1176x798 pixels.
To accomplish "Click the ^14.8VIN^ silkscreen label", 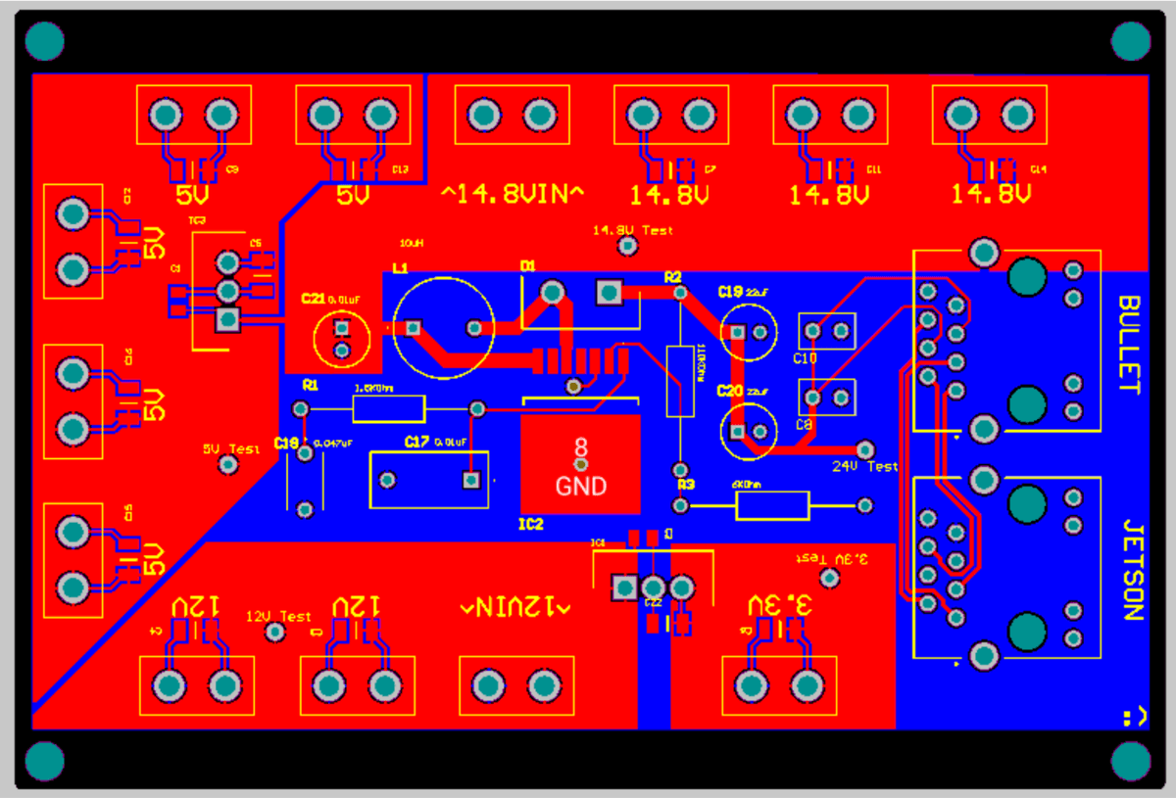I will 513,194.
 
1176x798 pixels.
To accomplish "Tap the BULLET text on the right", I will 1130,345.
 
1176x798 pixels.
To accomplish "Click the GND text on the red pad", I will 581,486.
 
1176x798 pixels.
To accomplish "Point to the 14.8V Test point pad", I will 627,248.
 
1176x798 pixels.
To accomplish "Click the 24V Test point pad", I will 864,447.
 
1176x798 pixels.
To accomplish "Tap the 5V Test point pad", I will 227,466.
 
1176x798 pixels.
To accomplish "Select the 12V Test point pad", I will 275,633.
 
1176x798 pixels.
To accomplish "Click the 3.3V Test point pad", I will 829,579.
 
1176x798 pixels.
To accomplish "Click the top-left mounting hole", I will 44,40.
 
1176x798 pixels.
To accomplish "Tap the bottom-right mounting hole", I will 1131,761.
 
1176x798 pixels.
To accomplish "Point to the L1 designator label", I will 399,266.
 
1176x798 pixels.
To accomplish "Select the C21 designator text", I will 313,298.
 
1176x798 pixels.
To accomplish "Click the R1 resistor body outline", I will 388,408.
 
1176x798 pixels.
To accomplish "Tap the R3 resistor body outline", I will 772,505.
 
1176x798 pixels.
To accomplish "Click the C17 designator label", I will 416,443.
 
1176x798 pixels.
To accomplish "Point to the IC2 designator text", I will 530,525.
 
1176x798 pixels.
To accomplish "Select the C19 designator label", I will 730,292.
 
